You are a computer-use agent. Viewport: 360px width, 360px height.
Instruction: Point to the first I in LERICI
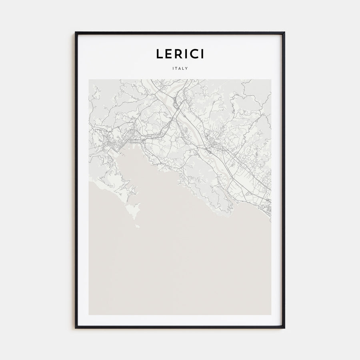point(187,54)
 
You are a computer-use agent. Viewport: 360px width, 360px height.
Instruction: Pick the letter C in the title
point(195,54)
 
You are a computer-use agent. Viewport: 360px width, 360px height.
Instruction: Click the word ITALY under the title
point(180,68)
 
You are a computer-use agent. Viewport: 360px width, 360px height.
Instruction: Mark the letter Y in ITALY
point(187,68)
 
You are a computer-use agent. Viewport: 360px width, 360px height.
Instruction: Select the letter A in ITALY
point(180,68)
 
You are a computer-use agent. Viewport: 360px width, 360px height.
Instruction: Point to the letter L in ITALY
point(184,68)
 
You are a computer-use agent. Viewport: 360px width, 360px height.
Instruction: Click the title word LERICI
point(180,54)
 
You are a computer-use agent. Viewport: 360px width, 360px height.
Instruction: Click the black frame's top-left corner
point(76,33)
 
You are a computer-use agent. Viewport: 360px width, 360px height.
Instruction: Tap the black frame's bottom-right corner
point(284,328)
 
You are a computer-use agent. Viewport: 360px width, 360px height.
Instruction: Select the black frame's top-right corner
point(284,33)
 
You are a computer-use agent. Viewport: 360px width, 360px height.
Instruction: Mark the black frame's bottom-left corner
point(76,328)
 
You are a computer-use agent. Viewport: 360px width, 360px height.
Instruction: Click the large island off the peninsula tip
point(133,210)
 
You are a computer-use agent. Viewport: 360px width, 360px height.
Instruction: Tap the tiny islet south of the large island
point(138,226)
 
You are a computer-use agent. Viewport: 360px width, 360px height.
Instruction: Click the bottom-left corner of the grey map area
point(89,314)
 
